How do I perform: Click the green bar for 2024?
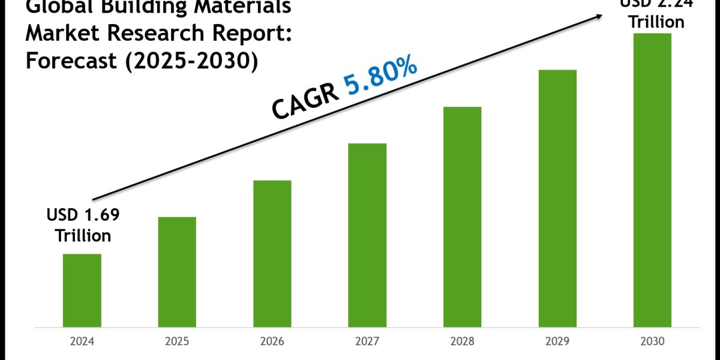(82, 290)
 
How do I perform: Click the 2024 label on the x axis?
(82, 341)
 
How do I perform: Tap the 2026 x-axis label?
(272, 341)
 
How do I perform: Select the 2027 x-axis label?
(367, 341)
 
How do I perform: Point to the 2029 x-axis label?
(557, 341)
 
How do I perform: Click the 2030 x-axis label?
(652, 341)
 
